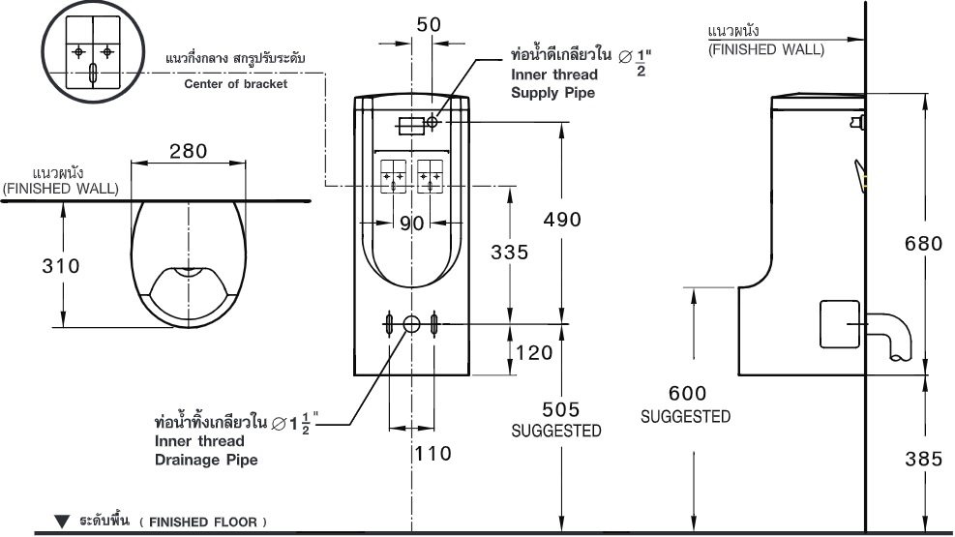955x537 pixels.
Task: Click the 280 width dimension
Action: tap(187, 151)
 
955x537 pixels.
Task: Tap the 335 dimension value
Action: tap(509, 253)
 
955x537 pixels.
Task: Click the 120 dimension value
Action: tap(535, 353)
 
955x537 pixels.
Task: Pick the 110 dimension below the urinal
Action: tap(433, 452)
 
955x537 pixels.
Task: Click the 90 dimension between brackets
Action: tap(412, 224)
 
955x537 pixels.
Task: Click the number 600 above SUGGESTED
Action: tap(686, 394)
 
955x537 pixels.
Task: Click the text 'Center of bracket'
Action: tap(235, 83)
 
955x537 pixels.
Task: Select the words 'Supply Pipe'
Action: tap(552, 93)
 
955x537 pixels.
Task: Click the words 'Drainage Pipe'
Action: tap(206, 460)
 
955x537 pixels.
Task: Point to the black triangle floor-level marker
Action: tap(63, 522)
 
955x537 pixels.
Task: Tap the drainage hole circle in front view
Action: tap(412, 324)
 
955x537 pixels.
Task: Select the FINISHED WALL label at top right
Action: tap(766, 48)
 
